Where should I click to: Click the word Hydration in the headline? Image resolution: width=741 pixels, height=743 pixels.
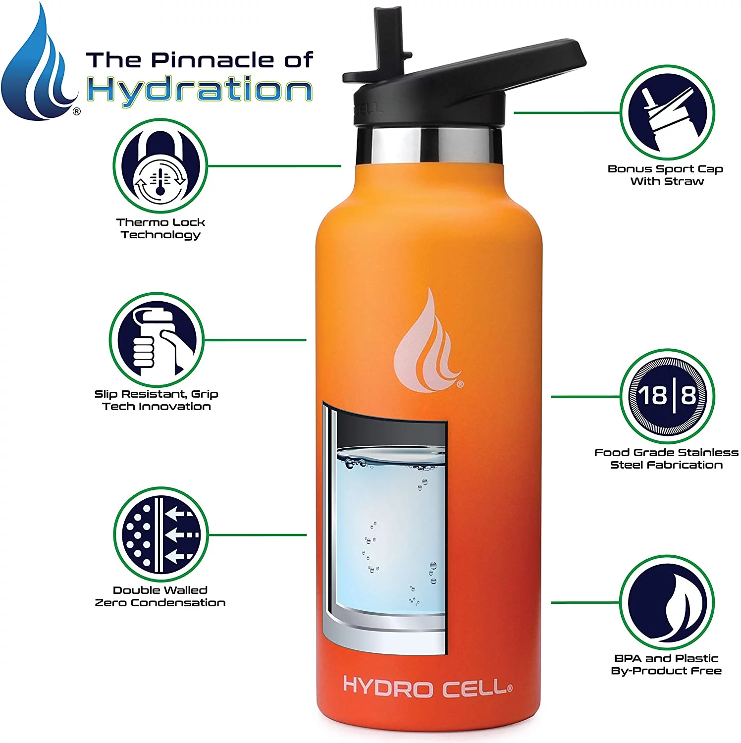tap(200, 91)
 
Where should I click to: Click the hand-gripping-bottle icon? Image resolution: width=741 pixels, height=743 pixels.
tap(157, 340)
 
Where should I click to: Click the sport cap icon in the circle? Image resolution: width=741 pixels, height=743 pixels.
tap(668, 112)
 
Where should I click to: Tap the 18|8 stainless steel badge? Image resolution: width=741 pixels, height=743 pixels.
tap(667, 396)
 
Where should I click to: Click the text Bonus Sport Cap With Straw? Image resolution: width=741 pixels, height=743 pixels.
tap(666, 175)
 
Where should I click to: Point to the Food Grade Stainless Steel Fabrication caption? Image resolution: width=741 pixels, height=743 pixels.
tap(666, 458)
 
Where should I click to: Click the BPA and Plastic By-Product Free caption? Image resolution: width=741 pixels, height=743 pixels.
tap(666, 664)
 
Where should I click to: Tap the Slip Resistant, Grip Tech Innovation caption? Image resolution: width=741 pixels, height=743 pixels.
tap(157, 400)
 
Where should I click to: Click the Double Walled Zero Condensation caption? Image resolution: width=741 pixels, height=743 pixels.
tap(160, 596)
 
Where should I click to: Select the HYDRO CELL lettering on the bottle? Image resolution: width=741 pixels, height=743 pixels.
tap(427, 688)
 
